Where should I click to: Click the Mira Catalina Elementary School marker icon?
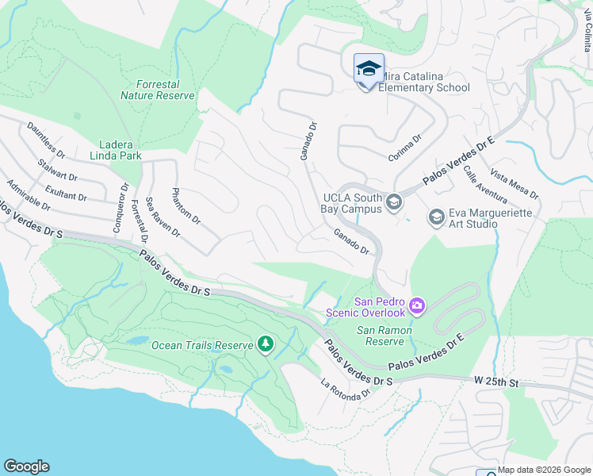coord(369,69)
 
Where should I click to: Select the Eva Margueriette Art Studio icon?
coord(436,217)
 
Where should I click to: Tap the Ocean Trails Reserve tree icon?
coord(266,344)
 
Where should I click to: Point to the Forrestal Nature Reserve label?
coord(158,90)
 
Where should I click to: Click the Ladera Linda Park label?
coord(109,150)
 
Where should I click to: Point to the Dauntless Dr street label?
coord(46,138)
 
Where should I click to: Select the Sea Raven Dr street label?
coord(163,217)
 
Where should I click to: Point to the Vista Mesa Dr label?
coord(515,184)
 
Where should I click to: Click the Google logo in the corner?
coord(26,466)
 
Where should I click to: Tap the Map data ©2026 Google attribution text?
coord(543,470)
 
